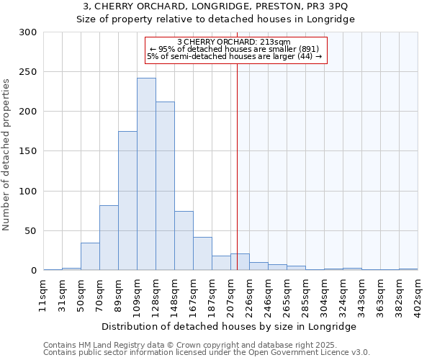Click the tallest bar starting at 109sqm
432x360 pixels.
click(146, 174)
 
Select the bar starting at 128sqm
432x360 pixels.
click(165, 186)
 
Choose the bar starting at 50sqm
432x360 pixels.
click(90, 256)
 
